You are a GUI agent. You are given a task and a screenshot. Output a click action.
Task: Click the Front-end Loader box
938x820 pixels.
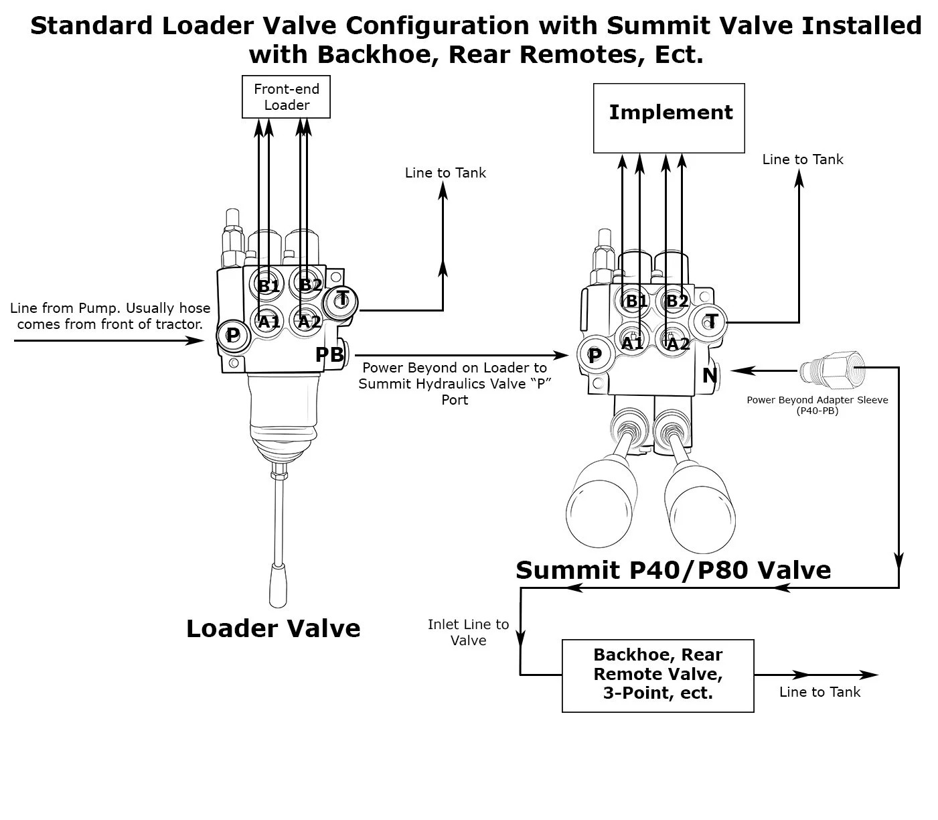(x=286, y=97)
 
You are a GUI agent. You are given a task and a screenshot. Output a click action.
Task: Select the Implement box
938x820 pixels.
(x=669, y=118)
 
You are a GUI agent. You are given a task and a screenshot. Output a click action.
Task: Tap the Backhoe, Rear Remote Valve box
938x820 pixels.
(x=657, y=675)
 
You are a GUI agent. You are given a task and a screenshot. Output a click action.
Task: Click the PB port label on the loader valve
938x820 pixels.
(x=329, y=355)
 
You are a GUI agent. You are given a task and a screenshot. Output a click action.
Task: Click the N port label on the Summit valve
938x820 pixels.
(x=710, y=376)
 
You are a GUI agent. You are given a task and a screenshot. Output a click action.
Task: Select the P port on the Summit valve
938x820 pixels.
(x=594, y=356)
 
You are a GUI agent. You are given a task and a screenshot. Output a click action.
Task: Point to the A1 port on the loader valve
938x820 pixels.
(x=268, y=322)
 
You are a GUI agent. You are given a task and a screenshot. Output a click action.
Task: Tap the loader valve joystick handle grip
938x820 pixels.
(x=278, y=584)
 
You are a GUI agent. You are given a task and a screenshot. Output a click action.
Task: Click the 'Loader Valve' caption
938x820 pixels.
(x=273, y=628)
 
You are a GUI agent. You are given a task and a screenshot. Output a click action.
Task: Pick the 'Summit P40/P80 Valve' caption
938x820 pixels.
(x=673, y=570)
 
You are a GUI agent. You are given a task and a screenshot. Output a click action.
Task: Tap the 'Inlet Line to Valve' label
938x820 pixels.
(x=468, y=632)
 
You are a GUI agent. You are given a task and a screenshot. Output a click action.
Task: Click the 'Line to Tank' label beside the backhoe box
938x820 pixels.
(x=819, y=692)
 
